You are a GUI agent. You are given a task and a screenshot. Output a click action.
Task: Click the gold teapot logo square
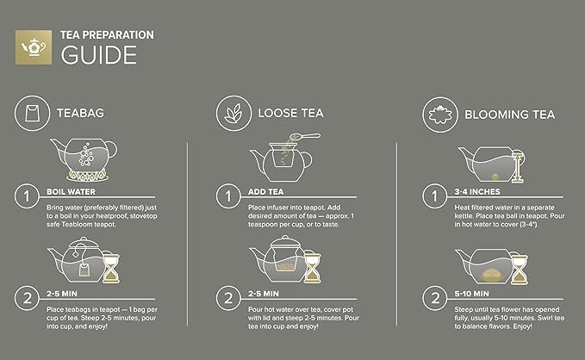(34, 47)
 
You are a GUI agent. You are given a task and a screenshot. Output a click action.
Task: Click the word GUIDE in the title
(99, 55)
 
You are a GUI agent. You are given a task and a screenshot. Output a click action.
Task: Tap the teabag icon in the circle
(32, 113)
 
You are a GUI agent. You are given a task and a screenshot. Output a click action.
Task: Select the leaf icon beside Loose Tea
(233, 114)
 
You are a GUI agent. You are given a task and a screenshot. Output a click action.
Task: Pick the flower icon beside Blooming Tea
(440, 115)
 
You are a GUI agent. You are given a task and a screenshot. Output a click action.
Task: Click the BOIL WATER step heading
(71, 192)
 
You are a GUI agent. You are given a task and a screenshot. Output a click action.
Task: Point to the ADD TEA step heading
(266, 192)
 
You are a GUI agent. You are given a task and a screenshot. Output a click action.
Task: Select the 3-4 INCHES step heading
(477, 192)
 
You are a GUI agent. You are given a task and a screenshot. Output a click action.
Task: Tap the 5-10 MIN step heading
(471, 294)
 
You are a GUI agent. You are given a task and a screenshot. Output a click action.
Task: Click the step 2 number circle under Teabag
(27, 298)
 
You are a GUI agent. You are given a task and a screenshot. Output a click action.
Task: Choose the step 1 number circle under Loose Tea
(228, 196)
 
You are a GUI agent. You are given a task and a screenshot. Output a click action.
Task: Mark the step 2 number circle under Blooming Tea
(434, 298)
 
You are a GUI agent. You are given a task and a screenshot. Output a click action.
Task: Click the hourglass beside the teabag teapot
(111, 268)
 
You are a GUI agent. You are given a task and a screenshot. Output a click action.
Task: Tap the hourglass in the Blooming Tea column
(520, 270)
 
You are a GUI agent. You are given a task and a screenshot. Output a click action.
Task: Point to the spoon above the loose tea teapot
(304, 137)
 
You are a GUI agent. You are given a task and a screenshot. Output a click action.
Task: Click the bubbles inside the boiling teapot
(86, 154)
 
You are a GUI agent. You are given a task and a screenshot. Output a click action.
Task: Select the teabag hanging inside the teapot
(84, 270)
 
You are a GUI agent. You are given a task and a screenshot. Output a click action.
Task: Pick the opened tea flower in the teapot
(493, 275)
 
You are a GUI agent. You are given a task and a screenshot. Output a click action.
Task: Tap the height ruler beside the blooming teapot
(518, 166)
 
